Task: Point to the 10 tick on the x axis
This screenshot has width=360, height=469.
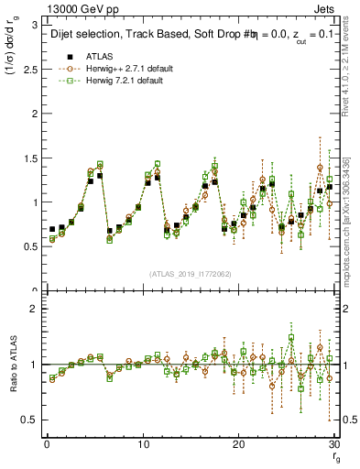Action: [143, 444]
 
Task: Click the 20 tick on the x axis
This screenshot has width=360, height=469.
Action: [238, 444]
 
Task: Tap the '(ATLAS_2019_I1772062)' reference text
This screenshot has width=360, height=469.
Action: [189, 274]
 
